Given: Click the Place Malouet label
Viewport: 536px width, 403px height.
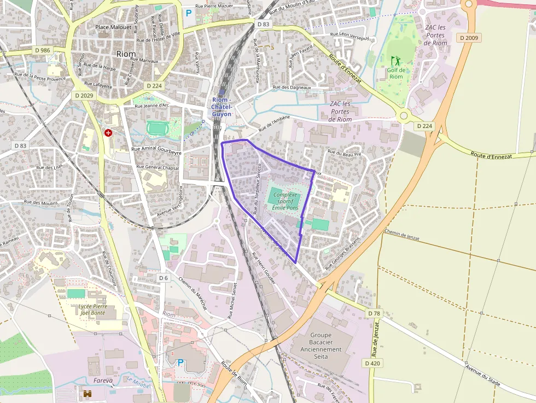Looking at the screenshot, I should [113, 27].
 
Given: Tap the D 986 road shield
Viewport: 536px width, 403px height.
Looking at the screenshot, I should [42, 50].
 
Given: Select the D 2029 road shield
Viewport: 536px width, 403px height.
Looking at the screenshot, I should [84, 95].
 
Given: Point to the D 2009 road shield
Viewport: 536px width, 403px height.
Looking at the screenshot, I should [469, 38].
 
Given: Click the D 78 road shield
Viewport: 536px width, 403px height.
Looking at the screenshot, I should [374, 313].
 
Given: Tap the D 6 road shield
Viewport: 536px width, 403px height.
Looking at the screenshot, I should [163, 278].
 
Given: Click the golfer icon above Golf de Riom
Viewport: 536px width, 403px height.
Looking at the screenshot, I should [395, 60].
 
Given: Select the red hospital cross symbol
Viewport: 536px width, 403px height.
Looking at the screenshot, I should [108, 133].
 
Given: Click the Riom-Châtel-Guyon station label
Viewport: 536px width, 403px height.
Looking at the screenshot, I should [222, 107].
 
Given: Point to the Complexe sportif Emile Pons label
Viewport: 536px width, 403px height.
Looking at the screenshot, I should [285, 201].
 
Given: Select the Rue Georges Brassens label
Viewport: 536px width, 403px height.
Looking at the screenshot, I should [343, 254].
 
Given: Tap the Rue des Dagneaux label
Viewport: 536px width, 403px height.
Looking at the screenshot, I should [292, 87].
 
